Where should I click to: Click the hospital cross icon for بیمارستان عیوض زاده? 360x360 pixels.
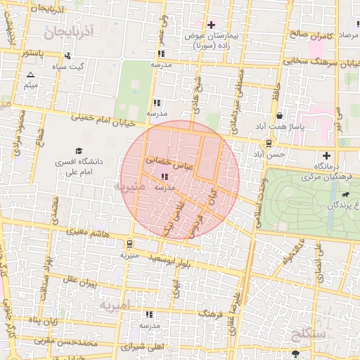tap(211, 25)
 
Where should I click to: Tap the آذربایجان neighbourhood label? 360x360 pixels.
tap(67, 32)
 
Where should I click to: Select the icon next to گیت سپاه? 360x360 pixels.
tap(67, 56)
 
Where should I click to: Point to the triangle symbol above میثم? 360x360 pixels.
tap(30, 75)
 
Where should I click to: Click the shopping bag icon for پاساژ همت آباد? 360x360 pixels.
tap(280, 116)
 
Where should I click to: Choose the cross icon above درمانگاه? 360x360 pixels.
tap(326, 155)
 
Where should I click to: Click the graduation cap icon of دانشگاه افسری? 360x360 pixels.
tap(79, 151)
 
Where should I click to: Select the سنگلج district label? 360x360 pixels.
tap(308, 334)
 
